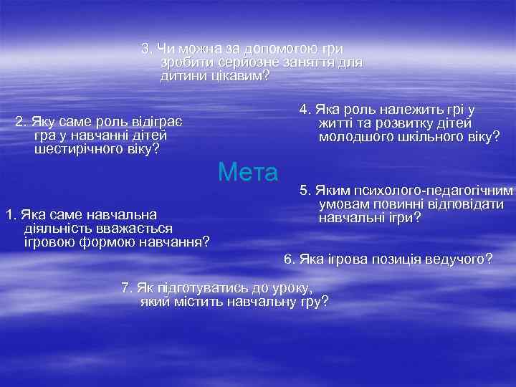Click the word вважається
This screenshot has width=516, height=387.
131,227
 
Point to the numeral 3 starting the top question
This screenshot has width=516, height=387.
145,49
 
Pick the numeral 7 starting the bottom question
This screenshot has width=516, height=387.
125,288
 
